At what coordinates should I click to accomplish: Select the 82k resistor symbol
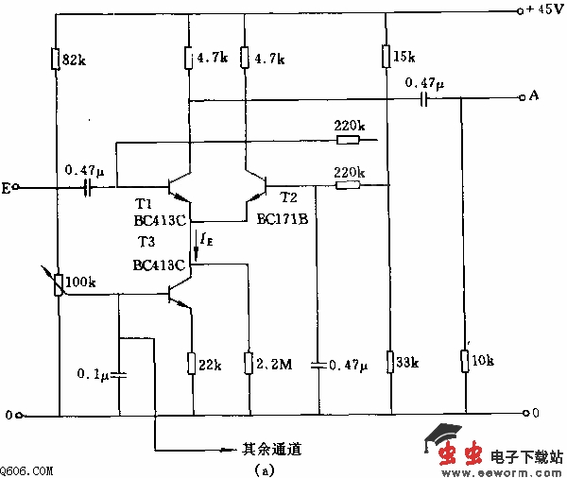58,58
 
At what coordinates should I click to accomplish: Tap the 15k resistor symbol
387,57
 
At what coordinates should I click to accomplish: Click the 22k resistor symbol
192,363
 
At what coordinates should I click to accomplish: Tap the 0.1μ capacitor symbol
120,375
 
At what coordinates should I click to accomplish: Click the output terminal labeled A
534,97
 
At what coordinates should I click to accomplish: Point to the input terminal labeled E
7,189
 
